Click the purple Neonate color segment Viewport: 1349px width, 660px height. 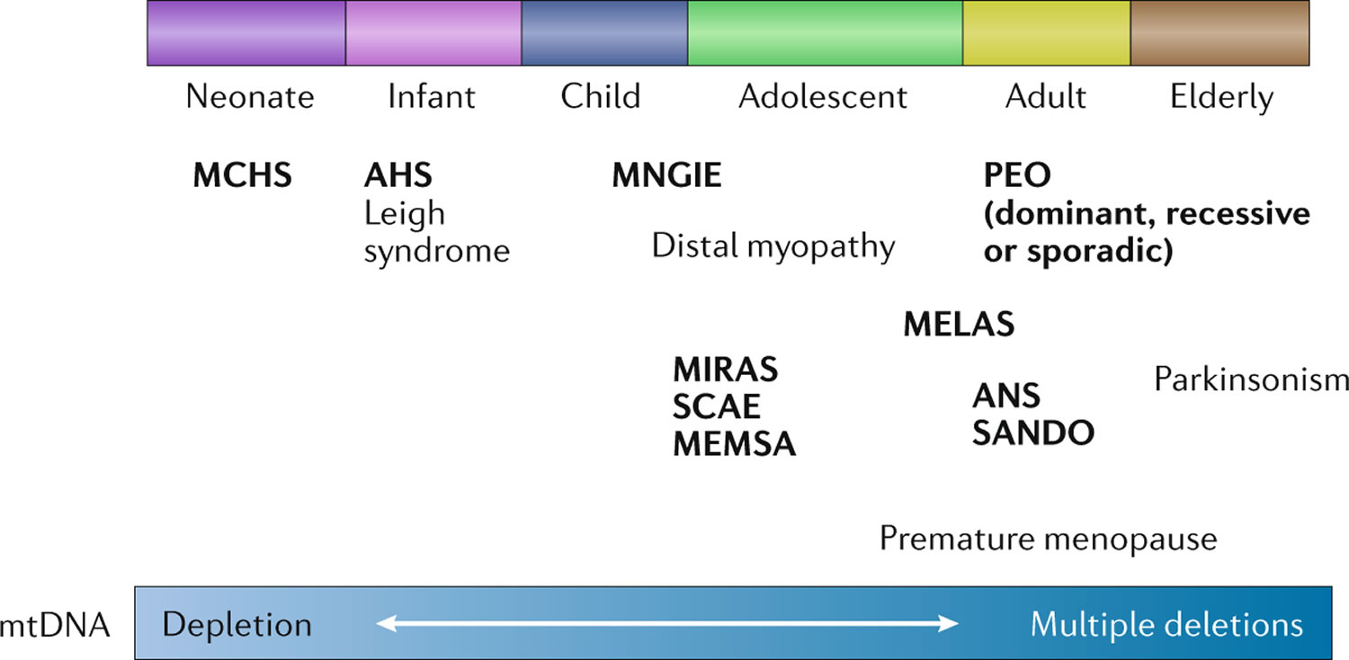(246, 32)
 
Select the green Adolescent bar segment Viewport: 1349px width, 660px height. (825, 32)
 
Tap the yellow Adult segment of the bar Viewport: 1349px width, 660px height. (1047, 32)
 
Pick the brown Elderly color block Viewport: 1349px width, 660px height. (1220, 32)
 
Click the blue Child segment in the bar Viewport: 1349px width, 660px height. (604, 32)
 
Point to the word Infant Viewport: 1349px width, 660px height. (431, 96)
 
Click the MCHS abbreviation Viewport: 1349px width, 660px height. (242, 175)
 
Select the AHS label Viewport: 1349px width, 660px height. (398, 175)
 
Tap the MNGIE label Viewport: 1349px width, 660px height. (666, 175)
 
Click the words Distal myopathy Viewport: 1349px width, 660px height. (773, 247)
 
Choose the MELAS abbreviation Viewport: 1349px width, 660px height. (959, 324)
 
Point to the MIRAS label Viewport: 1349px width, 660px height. (725, 370)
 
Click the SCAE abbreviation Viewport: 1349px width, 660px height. (716, 406)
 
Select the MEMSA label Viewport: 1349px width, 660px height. (734, 444)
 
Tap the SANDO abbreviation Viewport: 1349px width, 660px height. (1032, 433)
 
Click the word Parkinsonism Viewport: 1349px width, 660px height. (1251, 380)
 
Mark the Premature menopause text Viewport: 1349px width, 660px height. (1048, 539)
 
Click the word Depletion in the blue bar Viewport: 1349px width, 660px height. (237, 625)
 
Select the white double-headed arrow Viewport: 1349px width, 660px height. (666, 623)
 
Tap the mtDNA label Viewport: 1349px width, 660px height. (55, 626)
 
